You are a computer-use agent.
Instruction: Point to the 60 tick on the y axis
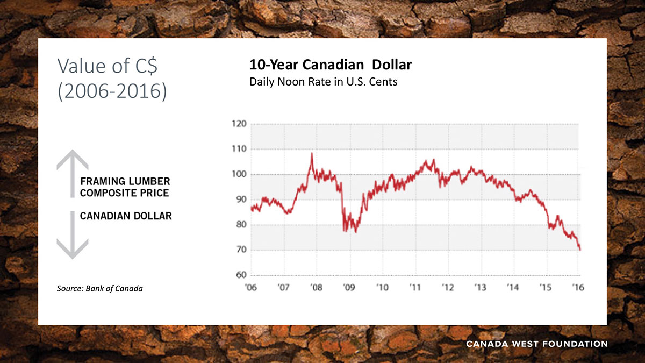tap(240, 275)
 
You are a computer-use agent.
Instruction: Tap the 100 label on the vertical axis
tap(240, 174)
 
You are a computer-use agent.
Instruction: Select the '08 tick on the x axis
tap(316, 287)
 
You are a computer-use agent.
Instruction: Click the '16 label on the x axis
tap(578, 287)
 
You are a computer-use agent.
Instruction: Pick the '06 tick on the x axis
tap(251, 287)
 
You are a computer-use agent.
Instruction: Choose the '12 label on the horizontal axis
tap(447, 287)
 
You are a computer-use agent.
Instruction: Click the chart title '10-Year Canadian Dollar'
tap(330, 65)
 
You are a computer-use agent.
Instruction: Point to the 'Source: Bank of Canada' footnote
tap(100, 289)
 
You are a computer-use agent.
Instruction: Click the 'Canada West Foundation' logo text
tap(536, 344)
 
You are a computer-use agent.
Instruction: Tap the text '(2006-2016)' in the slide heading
tap(112, 90)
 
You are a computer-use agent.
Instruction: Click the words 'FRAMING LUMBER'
tap(125, 181)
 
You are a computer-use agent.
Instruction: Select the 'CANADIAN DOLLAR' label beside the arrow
tap(126, 216)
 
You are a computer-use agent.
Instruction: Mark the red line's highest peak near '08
tap(312, 154)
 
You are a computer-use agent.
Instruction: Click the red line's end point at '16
tap(580, 250)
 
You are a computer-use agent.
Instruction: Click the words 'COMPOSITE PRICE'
tap(124, 193)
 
